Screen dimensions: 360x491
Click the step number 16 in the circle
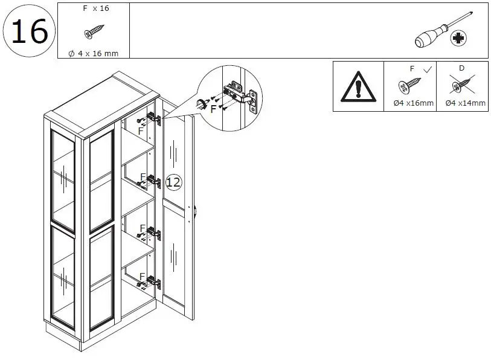tap(29, 31)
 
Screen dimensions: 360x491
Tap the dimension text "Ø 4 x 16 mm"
tap(94, 53)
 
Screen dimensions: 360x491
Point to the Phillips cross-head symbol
tap(460, 38)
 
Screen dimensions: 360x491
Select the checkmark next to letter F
tap(428, 69)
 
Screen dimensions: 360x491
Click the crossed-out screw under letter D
tap(462, 87)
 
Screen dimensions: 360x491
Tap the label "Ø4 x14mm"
tap(464, 103)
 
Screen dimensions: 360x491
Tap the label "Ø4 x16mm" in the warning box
tap(413, 103)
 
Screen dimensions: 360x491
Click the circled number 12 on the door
tap(173, 181)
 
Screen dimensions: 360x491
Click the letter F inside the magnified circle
tap(213, 109)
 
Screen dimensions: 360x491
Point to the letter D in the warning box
tap(461, 68)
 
